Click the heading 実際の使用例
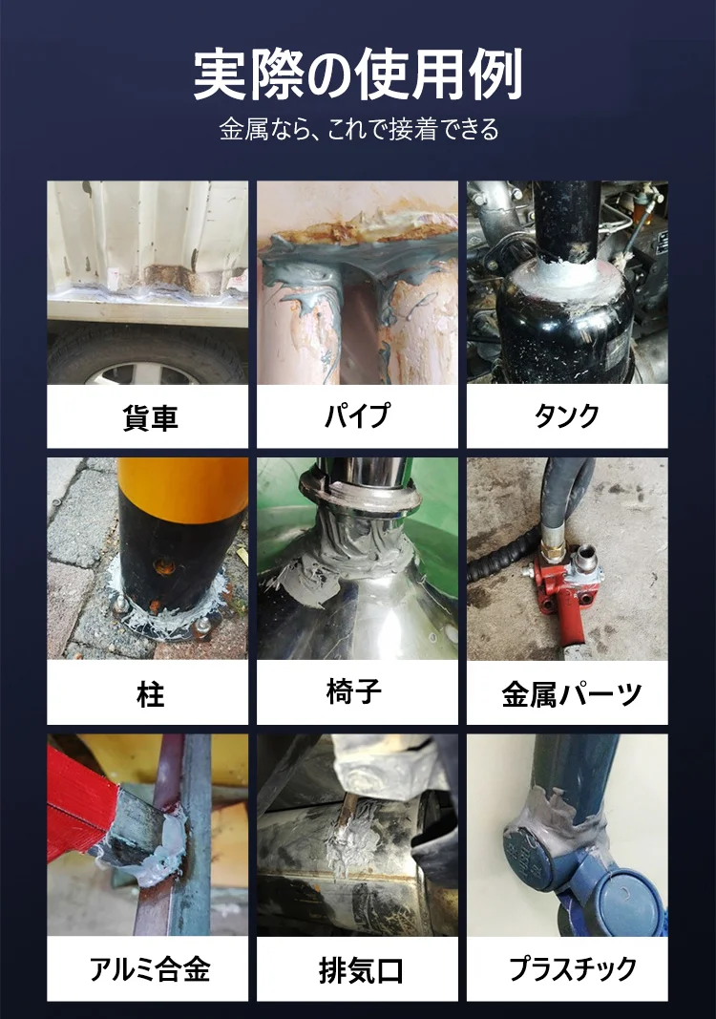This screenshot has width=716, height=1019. click(358, 75)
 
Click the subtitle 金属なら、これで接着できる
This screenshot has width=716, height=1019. click(358, 130)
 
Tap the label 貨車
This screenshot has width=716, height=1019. click(150, 417)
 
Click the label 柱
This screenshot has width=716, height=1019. click(150, 694)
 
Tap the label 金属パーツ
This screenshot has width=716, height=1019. click(571, 694)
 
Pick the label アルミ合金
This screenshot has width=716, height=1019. click(150, 970)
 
